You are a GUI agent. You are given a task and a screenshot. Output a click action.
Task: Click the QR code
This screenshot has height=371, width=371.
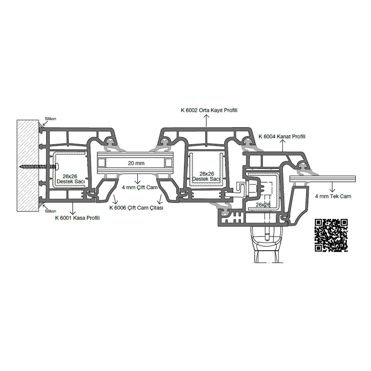[x=331, y=235]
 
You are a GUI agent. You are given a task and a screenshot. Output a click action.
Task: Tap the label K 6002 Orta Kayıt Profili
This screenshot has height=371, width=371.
[x=209, y=110]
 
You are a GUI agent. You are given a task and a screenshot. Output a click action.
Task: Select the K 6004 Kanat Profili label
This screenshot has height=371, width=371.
[x=282, y=136]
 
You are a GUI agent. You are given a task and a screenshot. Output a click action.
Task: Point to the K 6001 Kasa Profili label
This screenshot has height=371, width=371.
[x=77, y=218]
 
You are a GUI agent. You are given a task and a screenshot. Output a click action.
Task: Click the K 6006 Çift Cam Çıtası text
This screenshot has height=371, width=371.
[x=136, y=208]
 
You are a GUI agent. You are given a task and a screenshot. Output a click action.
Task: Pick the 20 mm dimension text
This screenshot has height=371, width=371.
[x=136, y=163]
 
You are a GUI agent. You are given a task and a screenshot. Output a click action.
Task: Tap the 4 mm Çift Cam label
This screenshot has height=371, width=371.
[x=140, y=187]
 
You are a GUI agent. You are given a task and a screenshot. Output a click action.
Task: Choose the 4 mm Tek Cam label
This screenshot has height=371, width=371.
[x=333, y=196]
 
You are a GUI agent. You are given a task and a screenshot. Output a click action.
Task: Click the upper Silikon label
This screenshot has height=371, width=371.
[x=51, y=119]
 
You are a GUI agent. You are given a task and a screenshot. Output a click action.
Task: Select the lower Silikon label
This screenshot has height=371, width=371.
[x=51, y=211]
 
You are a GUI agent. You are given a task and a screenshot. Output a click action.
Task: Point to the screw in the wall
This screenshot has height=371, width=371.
[x=39, y=167]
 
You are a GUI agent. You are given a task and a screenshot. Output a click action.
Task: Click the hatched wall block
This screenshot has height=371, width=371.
[x=28, y=166]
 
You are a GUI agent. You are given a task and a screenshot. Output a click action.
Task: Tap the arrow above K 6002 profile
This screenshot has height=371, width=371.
[x=206, y=121]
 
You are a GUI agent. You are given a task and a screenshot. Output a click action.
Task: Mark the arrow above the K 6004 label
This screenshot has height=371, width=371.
[x=283, y=145]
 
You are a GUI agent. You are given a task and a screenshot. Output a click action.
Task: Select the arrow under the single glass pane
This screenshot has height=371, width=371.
[x=333, y=187]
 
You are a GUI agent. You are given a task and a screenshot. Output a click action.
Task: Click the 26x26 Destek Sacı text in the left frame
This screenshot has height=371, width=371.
[x=70, y=179]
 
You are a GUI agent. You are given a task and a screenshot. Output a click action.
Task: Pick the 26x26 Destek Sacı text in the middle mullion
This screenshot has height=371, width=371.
[x=206, y=177]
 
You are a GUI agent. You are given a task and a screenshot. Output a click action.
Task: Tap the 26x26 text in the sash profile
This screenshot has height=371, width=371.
[x=262, y=205]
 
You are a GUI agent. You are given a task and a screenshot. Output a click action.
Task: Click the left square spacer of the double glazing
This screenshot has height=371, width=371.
[x=102, y=163]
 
